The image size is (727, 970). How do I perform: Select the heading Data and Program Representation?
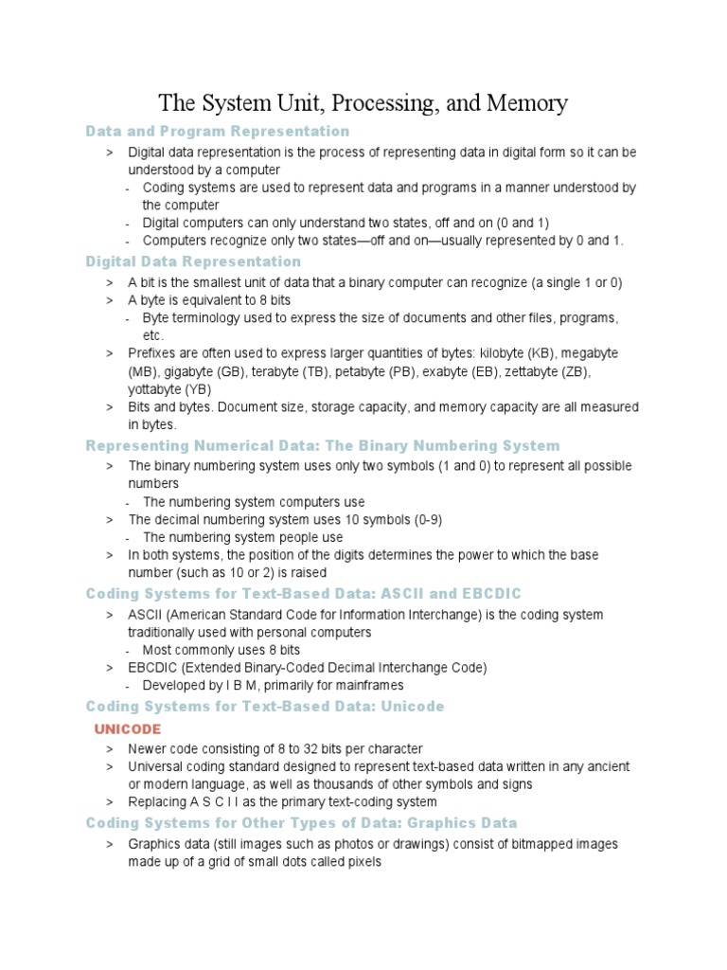[x=218, y=131]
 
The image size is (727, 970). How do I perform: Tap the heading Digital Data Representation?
[x=193, y=261]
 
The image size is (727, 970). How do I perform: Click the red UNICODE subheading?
[x=128, y=728]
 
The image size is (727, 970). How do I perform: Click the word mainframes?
[x=369, y=685]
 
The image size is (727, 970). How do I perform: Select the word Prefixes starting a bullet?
[x=152, y=352]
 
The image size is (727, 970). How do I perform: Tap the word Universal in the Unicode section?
[x=156, y=766]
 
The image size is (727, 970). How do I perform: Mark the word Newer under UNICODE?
[x=148, y=748]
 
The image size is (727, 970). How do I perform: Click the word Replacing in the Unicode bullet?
[x=158, y=801]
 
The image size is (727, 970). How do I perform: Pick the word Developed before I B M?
[x=175, y=685]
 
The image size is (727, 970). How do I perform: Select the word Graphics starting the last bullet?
[x=154, y=844]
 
